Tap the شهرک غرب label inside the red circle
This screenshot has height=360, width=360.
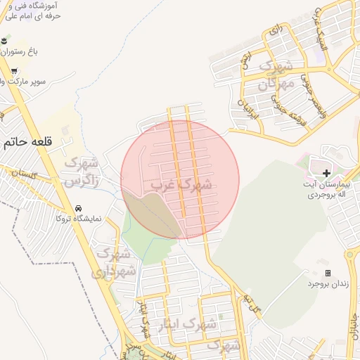point(181,186)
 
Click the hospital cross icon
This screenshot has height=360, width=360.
point(326,172)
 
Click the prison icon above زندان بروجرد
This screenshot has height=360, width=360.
point(327,272)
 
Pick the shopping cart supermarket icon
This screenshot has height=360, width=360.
point(13,71)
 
